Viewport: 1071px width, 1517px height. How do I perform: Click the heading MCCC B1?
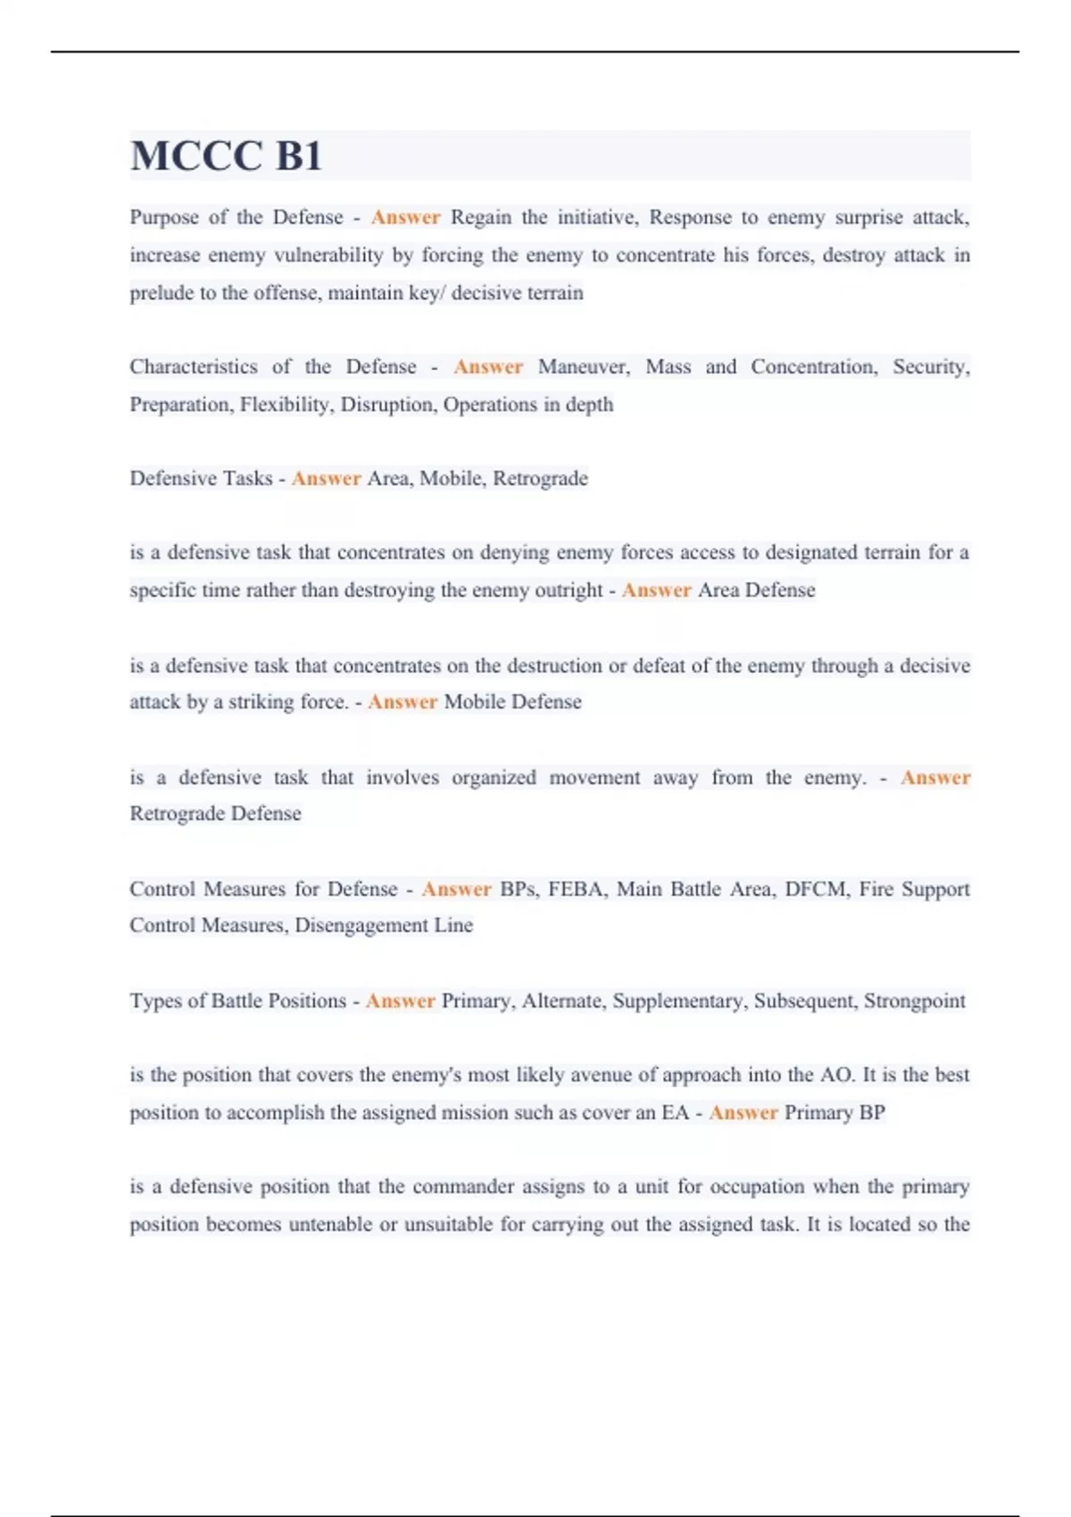tap(226, 157)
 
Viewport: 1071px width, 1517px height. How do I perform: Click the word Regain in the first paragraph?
tap(481, 218)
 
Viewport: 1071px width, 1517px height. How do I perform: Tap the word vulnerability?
tap(328, 255)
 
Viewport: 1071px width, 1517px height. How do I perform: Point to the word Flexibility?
tap(286, 405)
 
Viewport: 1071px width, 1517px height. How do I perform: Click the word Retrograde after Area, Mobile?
tap(540, 478)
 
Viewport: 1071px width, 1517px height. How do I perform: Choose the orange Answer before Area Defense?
tap(656, 590)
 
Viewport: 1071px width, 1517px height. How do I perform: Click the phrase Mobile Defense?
tap(512, 702)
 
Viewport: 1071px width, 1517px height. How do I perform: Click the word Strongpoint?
tap(914, 1001)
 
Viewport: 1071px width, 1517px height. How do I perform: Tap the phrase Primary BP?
tap(834, 1113)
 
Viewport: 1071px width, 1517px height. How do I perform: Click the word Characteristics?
tap(193, 367)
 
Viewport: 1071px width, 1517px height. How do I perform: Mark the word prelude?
tap(162, 293)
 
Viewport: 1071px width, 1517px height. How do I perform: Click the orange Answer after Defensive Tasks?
tap(326, 478)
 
